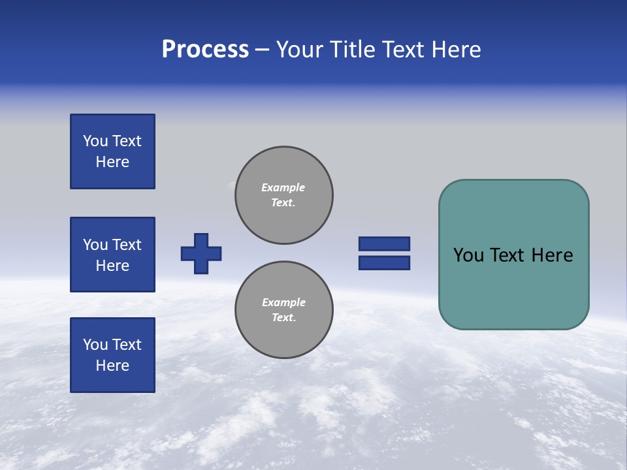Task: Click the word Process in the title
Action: (x=205, y=50)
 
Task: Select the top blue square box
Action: (x=112, y=151)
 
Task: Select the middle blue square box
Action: (x=112, y=255)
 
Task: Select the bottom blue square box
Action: (x=112, y=355)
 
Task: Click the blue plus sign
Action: (x=201, y=253)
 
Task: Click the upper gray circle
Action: (x=283, y=195)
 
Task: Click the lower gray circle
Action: (x=283, y=310)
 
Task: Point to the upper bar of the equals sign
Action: (x=384, y=243)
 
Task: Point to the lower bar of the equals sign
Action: (x=384, y=263)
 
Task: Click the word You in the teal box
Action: (x=468, y=255)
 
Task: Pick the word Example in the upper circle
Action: (x=283, y=187)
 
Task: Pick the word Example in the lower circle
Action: (x=283, y=302)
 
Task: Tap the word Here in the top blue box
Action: (x=112, y=162)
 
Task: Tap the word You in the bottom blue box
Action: (x=95, y=345)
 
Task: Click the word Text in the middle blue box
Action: (x=127, y=245)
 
